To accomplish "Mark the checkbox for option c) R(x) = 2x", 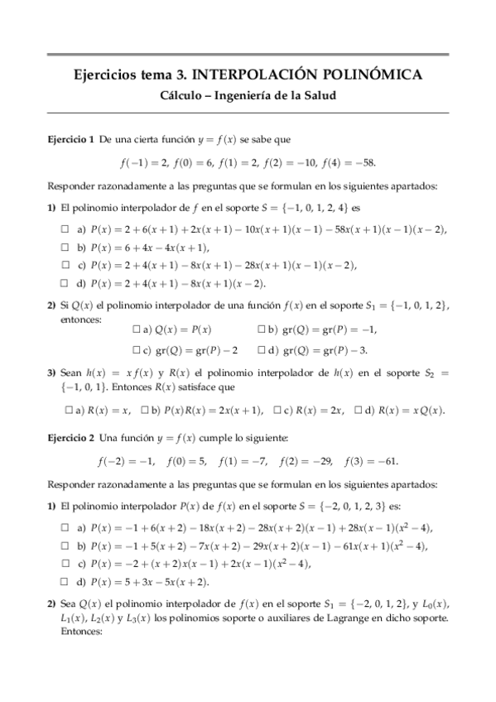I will click(277, 410).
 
